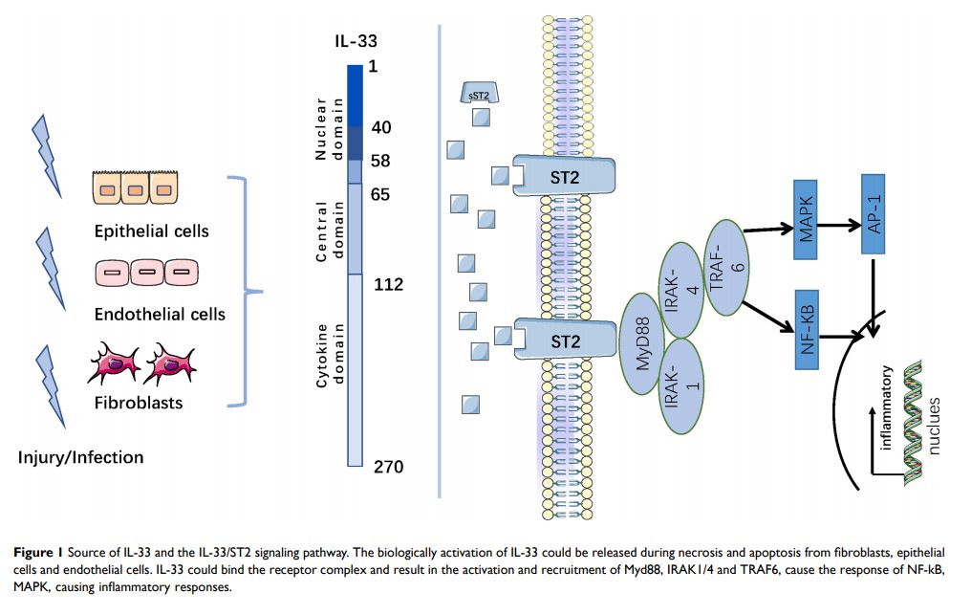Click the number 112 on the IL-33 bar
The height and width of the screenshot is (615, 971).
point(389,285)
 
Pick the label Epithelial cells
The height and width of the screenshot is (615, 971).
point(151,231)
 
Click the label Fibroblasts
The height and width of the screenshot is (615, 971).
point(138,403)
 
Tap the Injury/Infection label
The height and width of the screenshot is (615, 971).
point(80,457)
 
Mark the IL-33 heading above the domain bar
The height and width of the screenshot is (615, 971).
point(356,42)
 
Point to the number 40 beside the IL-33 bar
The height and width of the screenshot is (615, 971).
point(381,127)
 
